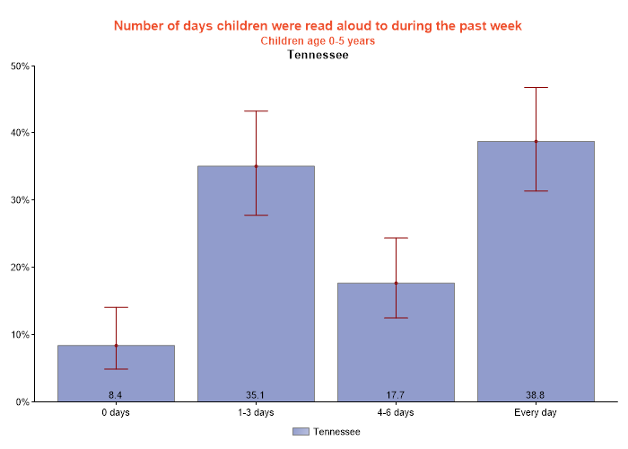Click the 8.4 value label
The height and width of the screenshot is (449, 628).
[116, 395]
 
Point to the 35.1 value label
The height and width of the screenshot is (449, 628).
[256, 395]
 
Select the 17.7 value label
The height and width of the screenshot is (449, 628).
[396, 395]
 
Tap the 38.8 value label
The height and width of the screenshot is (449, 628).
[536, 395]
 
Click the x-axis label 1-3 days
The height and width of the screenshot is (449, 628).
[256, 413]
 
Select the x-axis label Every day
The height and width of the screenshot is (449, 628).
[536, 413]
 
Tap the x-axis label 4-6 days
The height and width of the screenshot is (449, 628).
[396, 413]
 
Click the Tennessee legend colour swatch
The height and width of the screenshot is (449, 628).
[301, 432]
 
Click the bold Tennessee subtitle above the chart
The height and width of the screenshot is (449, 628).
[318, 55]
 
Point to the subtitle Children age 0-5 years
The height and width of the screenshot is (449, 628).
[318, 40]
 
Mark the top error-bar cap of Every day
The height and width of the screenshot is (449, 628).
[536, 88]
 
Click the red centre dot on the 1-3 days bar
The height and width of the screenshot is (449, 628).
[256, 166]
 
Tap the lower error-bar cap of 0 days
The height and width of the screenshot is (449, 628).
[116, 369]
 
